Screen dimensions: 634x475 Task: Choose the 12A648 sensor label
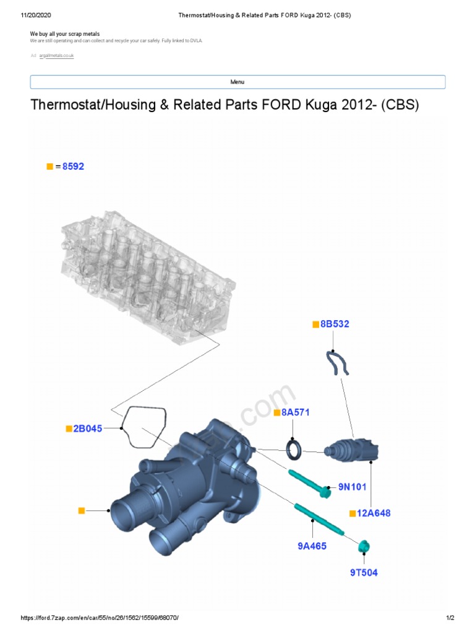373,513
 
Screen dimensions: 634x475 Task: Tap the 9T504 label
363,572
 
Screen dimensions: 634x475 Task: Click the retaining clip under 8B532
336,362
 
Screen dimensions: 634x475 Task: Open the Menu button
237,82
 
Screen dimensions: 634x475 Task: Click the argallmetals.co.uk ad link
56,56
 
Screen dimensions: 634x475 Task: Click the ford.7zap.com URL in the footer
103,618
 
